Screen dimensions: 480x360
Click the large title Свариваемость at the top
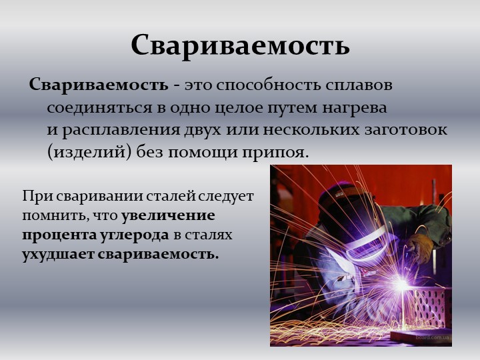pos(240,46)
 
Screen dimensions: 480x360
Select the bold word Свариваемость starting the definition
pos(99,85)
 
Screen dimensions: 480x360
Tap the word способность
pos(269,85)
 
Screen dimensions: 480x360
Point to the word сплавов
pos(359,85)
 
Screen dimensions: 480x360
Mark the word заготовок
pos(405,130)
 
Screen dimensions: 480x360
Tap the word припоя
pos(275,153)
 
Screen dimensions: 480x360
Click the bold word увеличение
pos(168,216)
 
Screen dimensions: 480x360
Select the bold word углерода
pos(134,235)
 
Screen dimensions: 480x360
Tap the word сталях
pos(207,235)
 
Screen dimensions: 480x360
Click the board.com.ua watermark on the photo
pos(433,337)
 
